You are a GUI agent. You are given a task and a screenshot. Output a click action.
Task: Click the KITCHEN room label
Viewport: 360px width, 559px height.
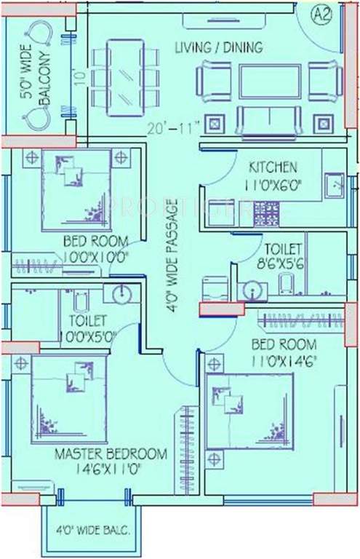coord(273,166)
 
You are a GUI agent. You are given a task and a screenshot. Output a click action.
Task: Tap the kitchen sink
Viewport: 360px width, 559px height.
coord(335,186)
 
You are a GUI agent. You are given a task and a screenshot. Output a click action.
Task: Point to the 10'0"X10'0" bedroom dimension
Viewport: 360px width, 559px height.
coord(95,255)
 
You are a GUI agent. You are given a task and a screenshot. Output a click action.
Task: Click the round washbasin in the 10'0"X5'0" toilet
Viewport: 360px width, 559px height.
coord(121,293)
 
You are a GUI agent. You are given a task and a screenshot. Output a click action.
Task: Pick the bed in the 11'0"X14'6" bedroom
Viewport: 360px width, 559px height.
coord(249,411)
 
